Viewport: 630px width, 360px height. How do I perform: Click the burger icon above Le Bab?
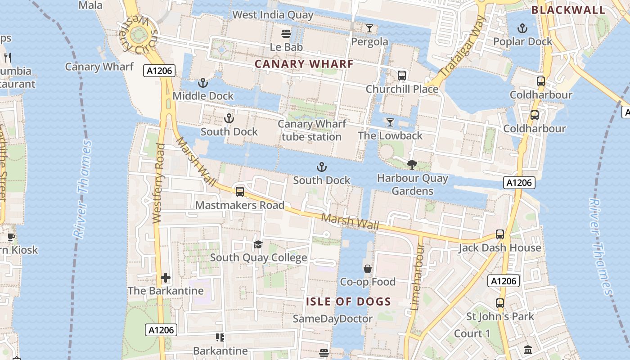click(x=286, y=33)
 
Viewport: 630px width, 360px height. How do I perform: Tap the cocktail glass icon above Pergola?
click(x=369, y=28)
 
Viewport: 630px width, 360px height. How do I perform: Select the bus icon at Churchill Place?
click(x=402, y=75)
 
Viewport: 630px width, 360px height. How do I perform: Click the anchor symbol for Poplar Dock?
click(x=522, y=28)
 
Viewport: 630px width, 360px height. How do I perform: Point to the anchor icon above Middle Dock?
click(x=203, y=83)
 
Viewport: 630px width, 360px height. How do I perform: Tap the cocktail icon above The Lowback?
click(x=390, y=122)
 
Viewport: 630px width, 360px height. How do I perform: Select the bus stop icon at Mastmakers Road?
click(x=240, y=192)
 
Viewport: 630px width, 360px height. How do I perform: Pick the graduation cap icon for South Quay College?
click(x=258, y=244)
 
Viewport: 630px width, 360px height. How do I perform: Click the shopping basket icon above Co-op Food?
click(x=368, y=269)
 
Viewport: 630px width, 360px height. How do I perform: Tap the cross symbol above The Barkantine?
click(x=166, y=278)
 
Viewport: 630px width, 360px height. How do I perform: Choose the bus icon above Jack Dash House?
click(x=500, y=234)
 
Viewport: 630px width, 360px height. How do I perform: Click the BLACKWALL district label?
click(x=568, y=10)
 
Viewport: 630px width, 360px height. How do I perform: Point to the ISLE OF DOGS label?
click(x=348, y=301)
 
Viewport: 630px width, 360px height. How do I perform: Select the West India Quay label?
click(x=273, y=15)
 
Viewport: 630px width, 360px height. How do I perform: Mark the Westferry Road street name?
click(x=158, y=183)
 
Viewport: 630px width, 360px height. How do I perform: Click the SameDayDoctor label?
click(x=333, y=319)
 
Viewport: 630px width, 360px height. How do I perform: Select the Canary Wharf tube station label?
click(x=311, y=130)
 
